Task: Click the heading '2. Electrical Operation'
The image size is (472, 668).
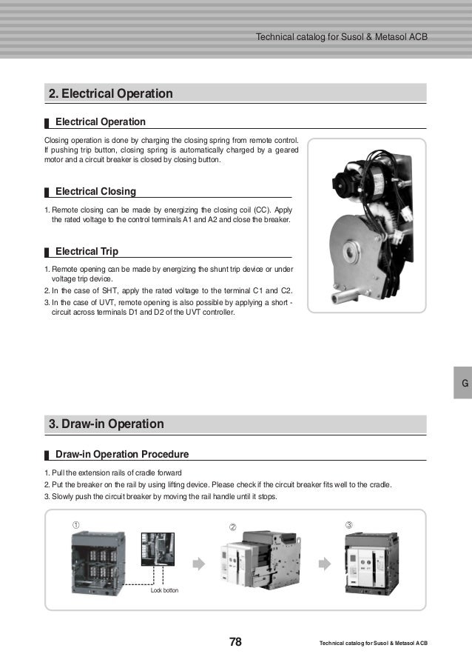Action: (x=110, y=93)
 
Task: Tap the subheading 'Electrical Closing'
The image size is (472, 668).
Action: (x=95, y=192)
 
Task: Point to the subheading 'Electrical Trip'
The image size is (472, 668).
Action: (x=87, y=251)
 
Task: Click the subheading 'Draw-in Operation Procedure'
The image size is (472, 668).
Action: (x=122, y=453)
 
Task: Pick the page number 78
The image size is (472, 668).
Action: (x=235, y=641)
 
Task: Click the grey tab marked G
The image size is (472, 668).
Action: (x=464, y=384)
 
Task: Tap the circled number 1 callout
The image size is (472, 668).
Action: (x=75, y=524)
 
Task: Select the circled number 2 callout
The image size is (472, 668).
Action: (x=232, y=527)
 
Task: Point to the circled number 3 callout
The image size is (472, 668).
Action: (x=349, y=524)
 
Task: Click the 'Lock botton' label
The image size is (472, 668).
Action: (x=165, y=590)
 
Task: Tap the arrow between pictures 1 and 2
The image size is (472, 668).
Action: (x=198, y=564)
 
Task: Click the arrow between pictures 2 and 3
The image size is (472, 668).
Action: (x=324, y=564)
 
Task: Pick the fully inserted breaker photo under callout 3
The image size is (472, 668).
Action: (x=373, y=564)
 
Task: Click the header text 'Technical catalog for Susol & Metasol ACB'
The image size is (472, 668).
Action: (x=341, y=37)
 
